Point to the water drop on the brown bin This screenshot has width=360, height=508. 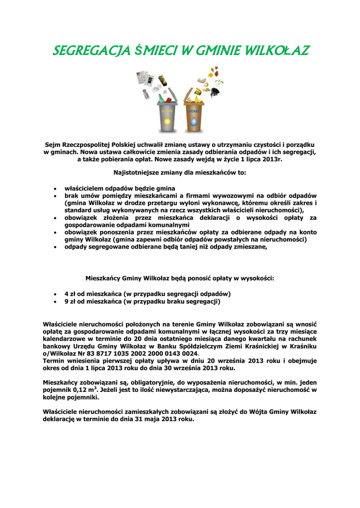point(194,122)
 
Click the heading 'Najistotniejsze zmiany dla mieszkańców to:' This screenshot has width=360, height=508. point(180,173)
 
